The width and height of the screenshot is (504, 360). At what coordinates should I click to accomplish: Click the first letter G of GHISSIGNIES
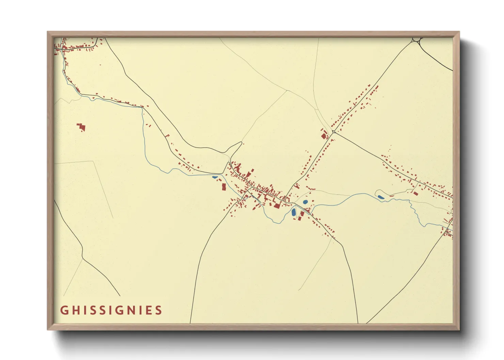(64, 310)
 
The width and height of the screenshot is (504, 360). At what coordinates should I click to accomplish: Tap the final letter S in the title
(158, 310)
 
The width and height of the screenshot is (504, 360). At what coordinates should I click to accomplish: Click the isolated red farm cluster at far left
(81, 127)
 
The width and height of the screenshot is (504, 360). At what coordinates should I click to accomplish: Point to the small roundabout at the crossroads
(334, 132)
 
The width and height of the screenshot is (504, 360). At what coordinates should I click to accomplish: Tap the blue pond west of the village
(215, 177)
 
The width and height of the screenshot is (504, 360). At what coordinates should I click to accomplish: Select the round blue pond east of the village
(305, 202)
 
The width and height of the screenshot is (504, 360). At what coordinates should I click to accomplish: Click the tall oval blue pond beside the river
(294, 212)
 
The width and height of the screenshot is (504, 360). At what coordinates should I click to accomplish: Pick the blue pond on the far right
(381, 197)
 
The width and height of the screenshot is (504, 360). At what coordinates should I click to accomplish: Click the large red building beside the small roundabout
(324, 136)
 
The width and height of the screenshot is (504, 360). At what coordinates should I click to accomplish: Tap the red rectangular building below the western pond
(224, 186)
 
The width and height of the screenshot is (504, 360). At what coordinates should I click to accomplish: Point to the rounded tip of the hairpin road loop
(241, 143)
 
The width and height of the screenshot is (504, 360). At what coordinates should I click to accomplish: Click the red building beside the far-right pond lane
(415, 193)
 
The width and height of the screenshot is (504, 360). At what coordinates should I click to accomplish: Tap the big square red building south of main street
(277, 205)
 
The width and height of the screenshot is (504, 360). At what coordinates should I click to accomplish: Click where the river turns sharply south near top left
(142, 108)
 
